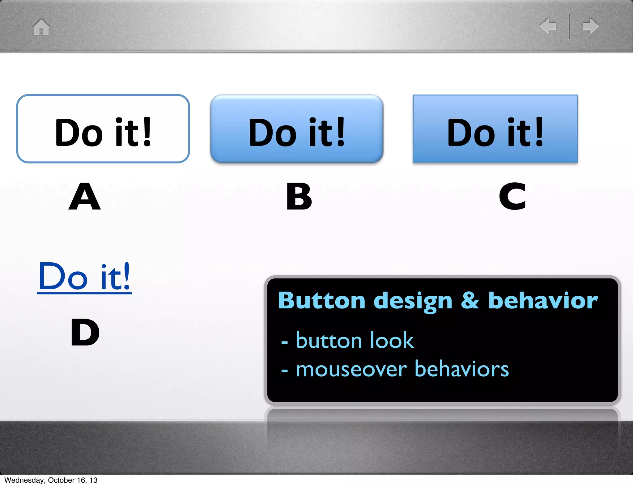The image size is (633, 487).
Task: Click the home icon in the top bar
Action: pos(41,27)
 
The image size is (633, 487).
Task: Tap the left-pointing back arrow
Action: pos(548,26)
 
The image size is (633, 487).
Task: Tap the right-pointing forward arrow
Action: pos(591,26)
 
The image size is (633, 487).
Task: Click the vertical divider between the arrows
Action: pos(569,27)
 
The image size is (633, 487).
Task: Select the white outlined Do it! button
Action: pos(103,129)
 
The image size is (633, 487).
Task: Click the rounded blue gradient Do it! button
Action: pos(297,129)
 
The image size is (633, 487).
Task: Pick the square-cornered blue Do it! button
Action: pos(495,129)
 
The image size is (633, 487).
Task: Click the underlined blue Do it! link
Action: pos(84,277)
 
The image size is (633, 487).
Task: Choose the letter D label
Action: pos(85,332)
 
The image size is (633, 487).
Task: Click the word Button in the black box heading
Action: pos(321,301)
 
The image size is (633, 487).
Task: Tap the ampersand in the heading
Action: pos(470,301)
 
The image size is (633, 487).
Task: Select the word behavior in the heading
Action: pos(543,301)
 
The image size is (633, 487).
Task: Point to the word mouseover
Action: pos(351,369)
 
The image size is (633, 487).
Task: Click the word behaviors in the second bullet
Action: pos(461,369)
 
